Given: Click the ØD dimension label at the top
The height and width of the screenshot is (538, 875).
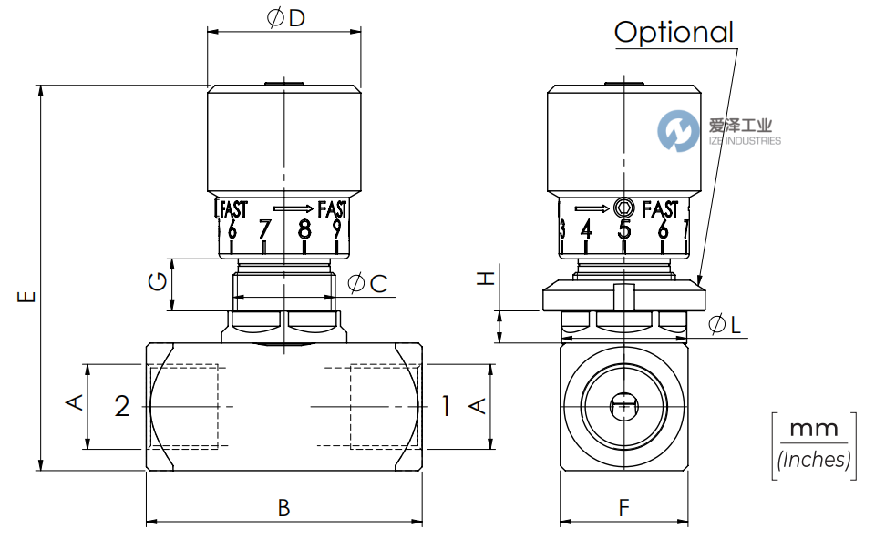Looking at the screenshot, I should point(285,17).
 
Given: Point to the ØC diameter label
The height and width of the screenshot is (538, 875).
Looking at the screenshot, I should point(368,283).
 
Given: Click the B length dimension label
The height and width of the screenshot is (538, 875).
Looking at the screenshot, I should point(283,508).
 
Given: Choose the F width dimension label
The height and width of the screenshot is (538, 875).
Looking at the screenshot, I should point(624,508).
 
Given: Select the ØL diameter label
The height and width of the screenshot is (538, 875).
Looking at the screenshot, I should point(726,323).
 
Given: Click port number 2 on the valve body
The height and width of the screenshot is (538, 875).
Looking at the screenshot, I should point(122,406).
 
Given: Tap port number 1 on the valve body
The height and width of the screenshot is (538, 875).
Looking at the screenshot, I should point(446,406).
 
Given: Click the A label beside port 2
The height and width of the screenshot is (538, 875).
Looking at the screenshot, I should point(77,402).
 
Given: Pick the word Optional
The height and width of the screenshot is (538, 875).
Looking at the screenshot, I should point(674,32).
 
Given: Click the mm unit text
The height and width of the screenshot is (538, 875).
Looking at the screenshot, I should point(811,428).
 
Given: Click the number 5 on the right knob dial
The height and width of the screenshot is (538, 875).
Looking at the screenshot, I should point(624,228).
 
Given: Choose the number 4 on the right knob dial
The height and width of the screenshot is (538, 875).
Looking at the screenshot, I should point(586,228).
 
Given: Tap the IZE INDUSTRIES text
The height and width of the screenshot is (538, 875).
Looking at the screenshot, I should point(744,141).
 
